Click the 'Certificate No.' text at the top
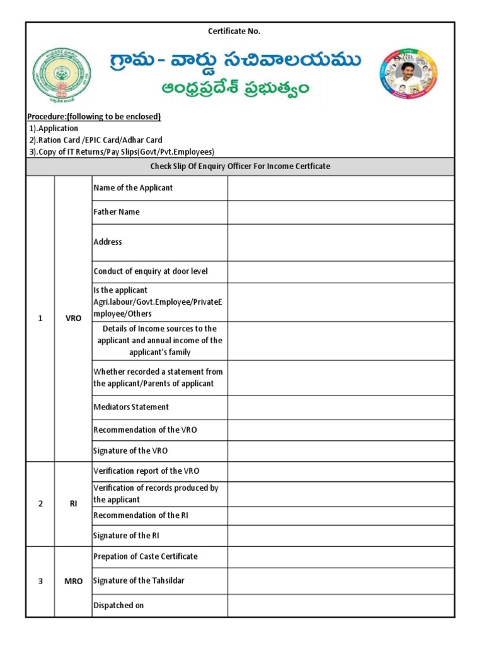234,31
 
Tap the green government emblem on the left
62,75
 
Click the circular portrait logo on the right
408,74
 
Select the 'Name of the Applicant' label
133,188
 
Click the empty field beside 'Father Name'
340,213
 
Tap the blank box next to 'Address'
340,242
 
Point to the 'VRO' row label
73,319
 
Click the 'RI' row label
73,504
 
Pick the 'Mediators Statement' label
131,408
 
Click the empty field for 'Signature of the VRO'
340,451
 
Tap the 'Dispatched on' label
118,606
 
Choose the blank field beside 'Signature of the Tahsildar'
340,581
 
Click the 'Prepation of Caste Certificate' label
146,556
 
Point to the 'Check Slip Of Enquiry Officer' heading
239,167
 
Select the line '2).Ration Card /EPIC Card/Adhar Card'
95,140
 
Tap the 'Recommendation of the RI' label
141,515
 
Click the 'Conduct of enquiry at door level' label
151,272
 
